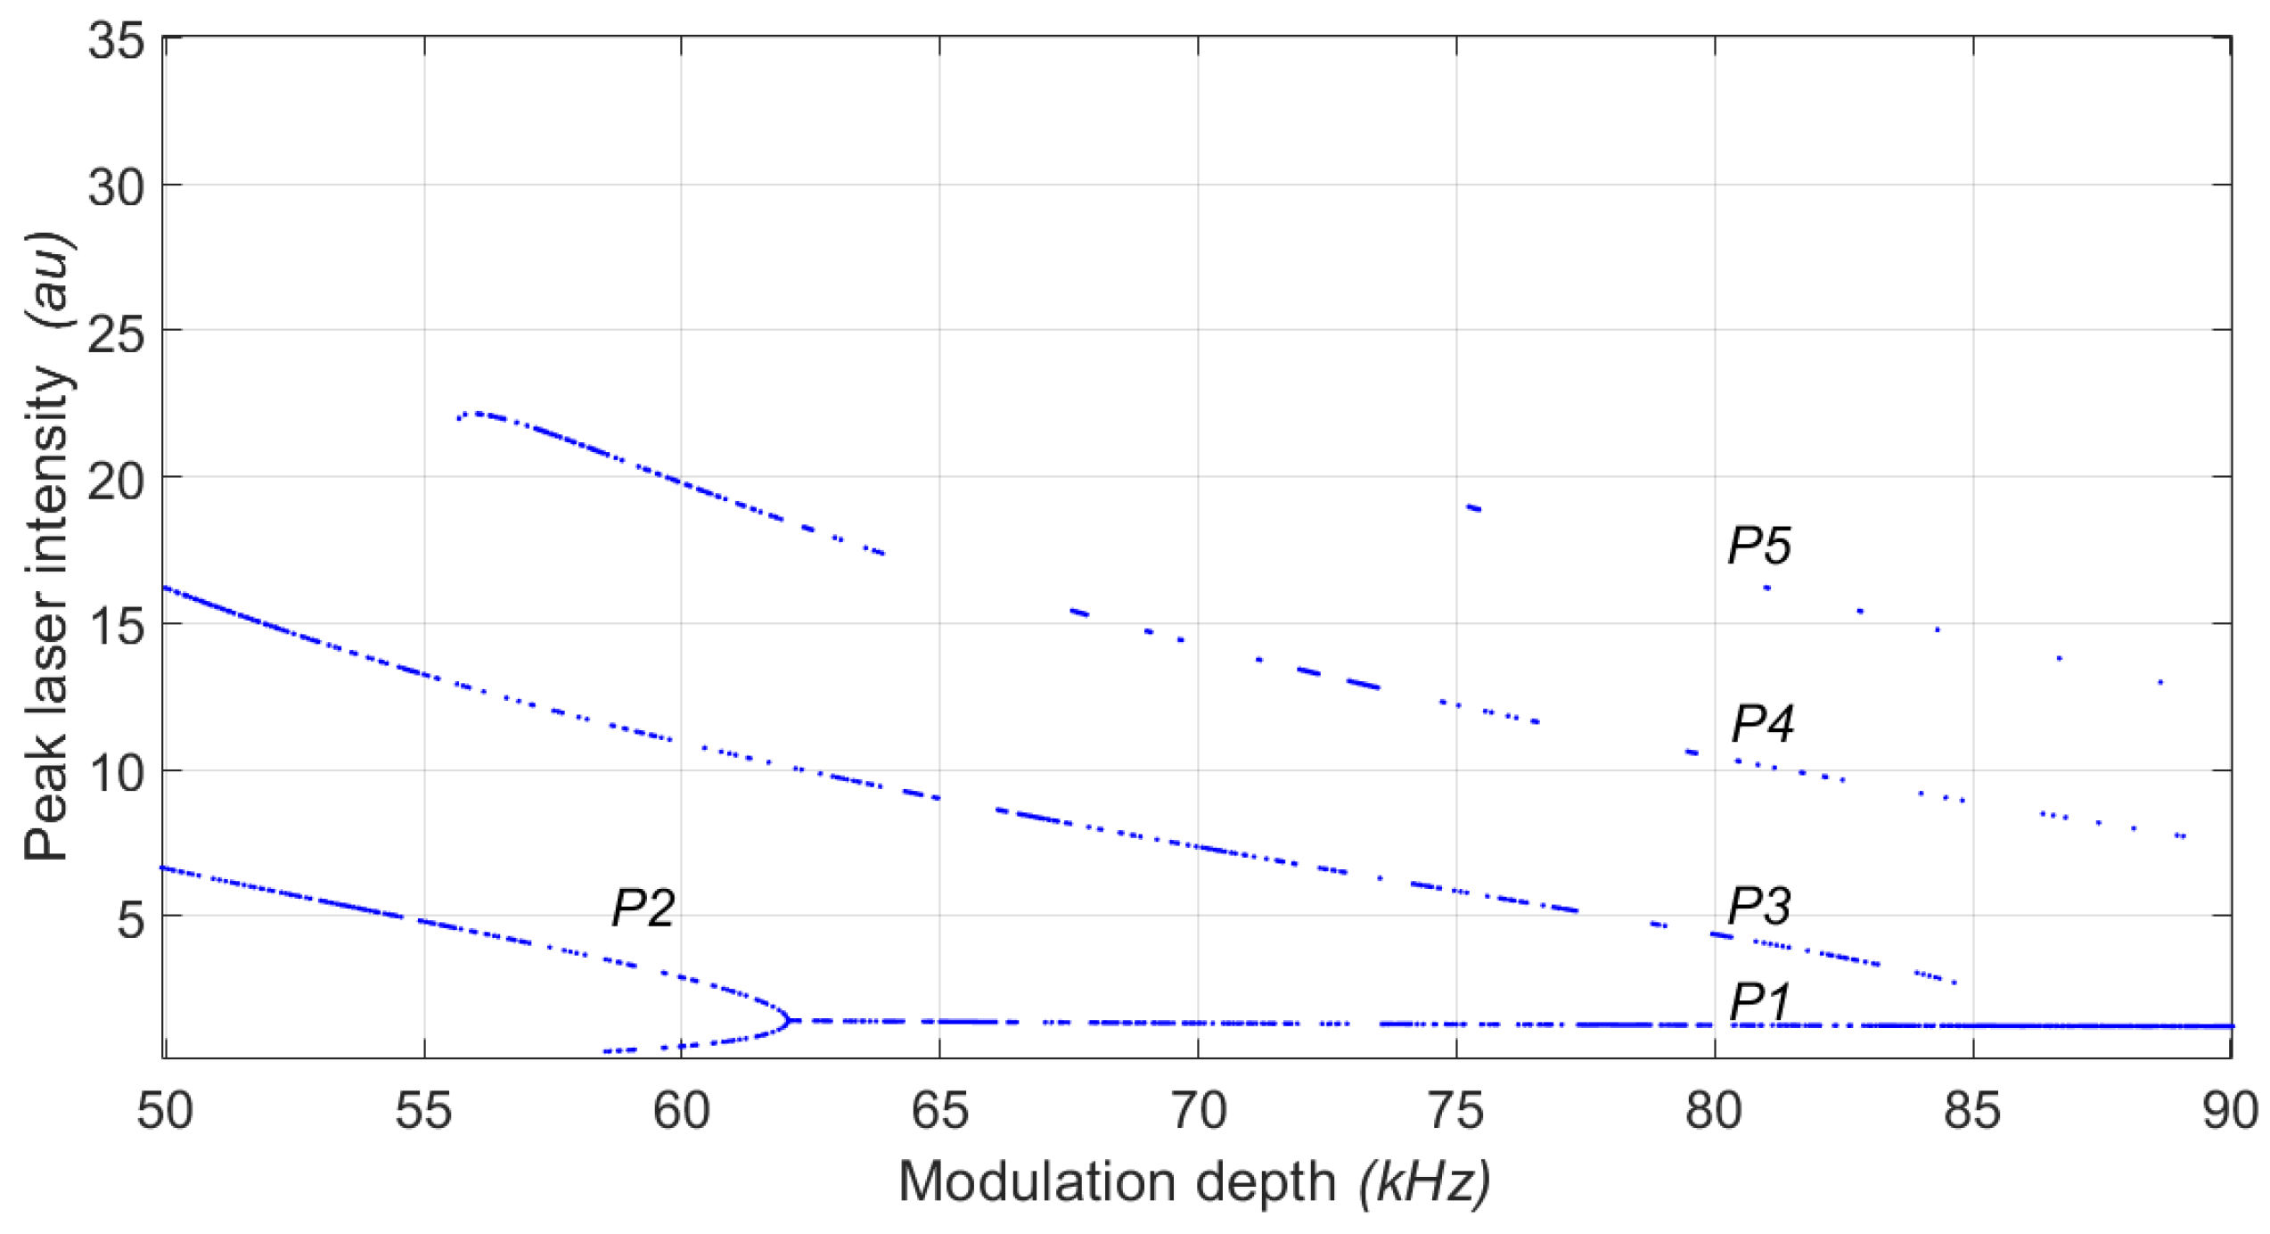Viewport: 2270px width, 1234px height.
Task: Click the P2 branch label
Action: pos(643,909)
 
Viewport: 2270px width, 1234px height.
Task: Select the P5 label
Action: pos(1758,545)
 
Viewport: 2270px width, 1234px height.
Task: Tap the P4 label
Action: pos(1761,722)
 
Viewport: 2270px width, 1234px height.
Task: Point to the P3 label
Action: pos(1758,906)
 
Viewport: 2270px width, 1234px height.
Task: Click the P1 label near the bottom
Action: pos(1758,1002)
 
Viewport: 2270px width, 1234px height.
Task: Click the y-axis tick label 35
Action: pos(116,41)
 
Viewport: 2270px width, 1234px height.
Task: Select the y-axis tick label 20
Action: pos(116,482)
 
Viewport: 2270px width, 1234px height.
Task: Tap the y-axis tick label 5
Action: pos(130,919)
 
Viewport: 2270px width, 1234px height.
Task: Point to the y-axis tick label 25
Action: pos(116,336)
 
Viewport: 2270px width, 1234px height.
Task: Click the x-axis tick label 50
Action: pos(165,1112)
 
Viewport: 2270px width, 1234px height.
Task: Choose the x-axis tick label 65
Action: pos(939,1112)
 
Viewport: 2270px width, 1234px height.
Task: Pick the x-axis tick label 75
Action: pos(1455,1112)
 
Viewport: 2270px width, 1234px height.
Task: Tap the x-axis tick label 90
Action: pos(2230,1112)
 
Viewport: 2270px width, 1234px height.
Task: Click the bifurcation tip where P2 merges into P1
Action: pos(790,1019)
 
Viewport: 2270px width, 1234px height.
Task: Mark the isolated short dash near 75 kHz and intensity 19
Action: pos(1473,507)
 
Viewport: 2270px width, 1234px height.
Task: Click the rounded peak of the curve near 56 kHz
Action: pos(479,414)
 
